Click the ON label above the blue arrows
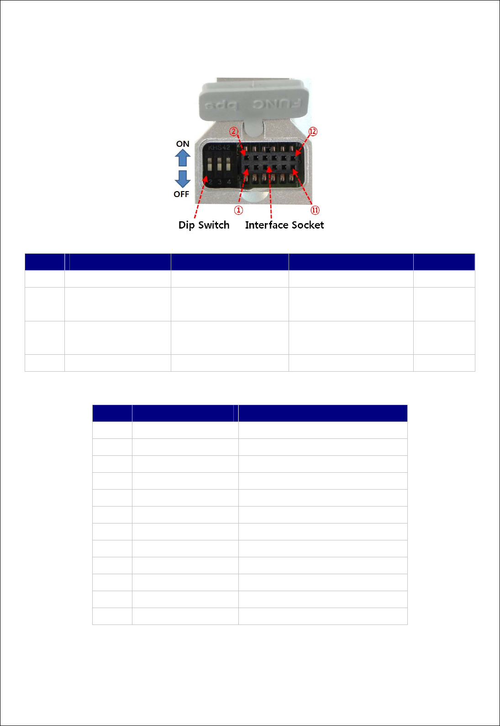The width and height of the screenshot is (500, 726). coord(183,144)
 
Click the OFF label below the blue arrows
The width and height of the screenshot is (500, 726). coord(181,194)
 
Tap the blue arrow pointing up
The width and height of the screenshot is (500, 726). coord(183,158)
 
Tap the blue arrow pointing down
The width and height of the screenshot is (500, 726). coord(183,179)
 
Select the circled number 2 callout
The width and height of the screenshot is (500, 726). coord(234,132)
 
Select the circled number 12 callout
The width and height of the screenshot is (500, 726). coord(313,132)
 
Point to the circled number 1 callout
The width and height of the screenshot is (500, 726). coord(238,210)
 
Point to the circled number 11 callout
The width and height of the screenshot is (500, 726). coord(315,210)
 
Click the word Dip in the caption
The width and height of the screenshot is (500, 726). coord(186,225)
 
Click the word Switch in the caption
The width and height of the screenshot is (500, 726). coord(214,225)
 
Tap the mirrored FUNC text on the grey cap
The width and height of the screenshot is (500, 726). coord(277,104)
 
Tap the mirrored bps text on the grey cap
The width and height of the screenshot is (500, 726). coord(221,106)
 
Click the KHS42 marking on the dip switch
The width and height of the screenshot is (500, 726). coord(219,148)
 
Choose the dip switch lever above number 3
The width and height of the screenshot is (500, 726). coord(219,165)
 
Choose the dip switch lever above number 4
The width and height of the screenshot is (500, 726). coord(228,165)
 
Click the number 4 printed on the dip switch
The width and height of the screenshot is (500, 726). coord(229,182)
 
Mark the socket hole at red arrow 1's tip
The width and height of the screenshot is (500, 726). coord(247,168)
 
